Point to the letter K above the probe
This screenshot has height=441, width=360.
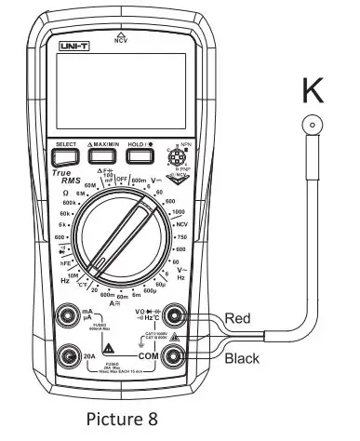[313, 92]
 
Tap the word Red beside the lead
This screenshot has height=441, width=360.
[237, 318]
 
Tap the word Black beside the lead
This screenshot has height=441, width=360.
[241, 356]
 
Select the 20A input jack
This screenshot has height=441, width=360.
[66, 354]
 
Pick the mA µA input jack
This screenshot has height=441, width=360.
[66, 316]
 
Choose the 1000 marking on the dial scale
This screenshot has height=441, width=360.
[177, 213]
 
